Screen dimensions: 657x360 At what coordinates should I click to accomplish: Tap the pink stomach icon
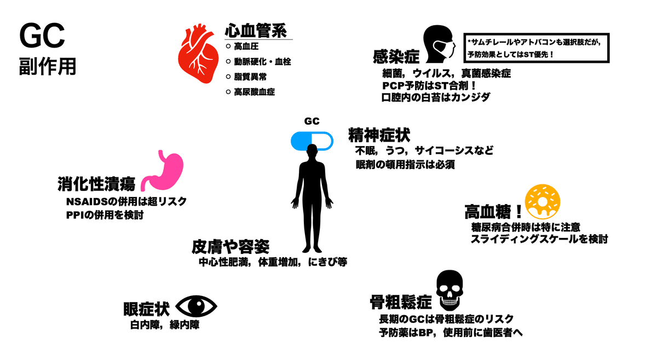click(163, 171)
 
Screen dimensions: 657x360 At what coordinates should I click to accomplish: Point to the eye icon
click(196, 306)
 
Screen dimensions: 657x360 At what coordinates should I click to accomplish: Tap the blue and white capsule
click(312, 141)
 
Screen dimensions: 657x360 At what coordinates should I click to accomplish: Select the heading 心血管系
click(256, 30)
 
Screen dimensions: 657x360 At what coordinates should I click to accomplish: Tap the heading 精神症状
click(379, 135)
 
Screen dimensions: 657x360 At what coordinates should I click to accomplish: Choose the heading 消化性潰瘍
click(96, 184)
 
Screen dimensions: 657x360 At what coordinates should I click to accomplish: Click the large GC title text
click(42, 36)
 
